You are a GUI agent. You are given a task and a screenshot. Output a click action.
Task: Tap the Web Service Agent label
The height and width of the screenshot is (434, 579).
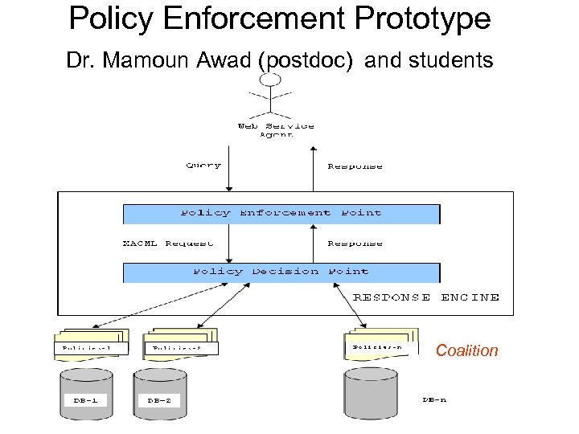276,129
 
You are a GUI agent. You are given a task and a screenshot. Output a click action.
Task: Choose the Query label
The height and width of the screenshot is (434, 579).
203,166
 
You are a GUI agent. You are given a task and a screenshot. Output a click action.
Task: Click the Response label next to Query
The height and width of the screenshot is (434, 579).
355,166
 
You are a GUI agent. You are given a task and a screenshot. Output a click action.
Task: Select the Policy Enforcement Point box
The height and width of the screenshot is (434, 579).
281,214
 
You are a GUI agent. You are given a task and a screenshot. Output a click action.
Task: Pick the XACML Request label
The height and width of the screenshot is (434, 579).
168,243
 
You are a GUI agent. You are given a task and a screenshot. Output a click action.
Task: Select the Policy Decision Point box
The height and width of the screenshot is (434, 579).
281,272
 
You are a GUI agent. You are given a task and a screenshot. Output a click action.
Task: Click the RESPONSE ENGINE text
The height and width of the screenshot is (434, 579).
426,297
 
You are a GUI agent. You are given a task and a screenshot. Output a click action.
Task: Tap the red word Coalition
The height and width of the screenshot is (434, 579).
466,350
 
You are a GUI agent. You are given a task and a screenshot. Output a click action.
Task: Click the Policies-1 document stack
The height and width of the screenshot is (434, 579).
91,343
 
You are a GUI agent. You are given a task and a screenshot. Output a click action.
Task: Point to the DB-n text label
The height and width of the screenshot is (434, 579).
434,399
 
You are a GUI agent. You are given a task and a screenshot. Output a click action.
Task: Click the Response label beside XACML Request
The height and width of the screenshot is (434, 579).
355,243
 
